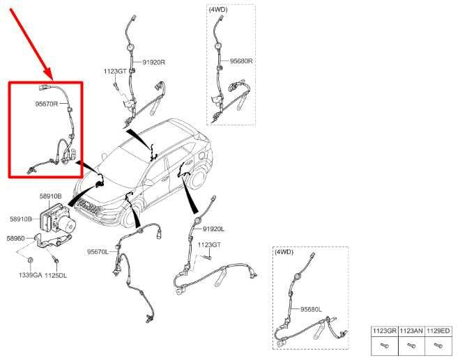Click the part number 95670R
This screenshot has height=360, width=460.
47,104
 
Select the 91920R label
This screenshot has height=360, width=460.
154,63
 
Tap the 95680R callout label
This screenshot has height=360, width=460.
241,61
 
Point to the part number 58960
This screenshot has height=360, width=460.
15,239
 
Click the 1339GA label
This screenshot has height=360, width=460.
31,275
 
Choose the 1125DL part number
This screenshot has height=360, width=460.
56,276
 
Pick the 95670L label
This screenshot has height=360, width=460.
98,252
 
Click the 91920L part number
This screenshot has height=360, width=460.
213,229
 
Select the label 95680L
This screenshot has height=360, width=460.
311,309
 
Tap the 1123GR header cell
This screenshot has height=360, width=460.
385,331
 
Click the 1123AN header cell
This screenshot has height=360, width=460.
411,331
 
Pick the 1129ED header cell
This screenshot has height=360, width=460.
438,331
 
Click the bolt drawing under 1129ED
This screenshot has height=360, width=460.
438,346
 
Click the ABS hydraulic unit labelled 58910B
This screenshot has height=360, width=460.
58,219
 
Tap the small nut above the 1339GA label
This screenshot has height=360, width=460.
30,260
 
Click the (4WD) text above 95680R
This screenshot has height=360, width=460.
218,10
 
